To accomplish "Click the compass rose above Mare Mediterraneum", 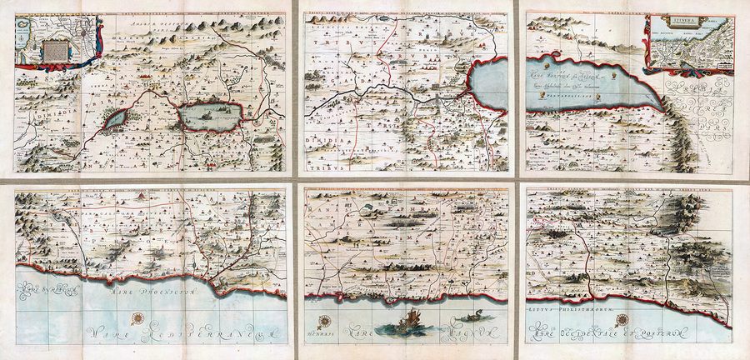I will point(137,317).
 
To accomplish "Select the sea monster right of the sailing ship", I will point(472,317).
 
